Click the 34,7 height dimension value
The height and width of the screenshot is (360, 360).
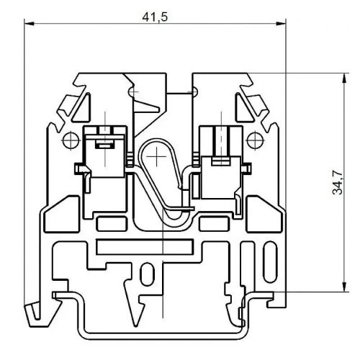pos(333,183)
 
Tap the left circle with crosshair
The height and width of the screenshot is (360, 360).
pos(71,138)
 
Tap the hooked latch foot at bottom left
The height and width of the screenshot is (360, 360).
pos(33,312)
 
